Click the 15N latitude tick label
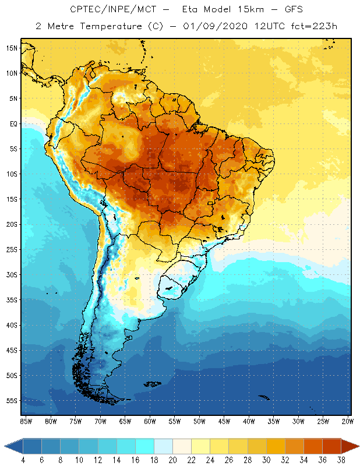[x=11, y=48]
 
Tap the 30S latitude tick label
[x=11, y=274]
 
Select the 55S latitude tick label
[x=11, y=401]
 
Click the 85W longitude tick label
[x=26, y=421]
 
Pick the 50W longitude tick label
[x=200, y=421]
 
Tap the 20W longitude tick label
[x=347, y=421]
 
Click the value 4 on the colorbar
[x=23, y=460]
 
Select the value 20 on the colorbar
[x=172, y=460]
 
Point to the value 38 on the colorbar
[x=340, y=460]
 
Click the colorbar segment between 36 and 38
[x=331, y=446]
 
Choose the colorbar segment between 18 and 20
[x=163, y=446]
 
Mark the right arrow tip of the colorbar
[x=358, y=446]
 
